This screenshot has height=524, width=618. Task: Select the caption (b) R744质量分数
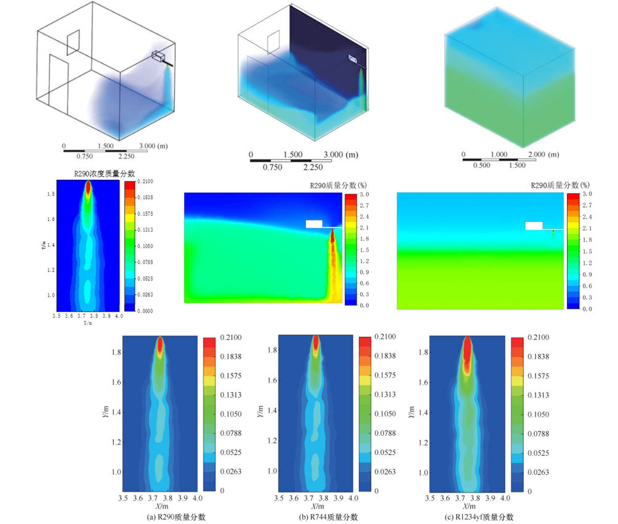pyautogui.click(x=328, y=517)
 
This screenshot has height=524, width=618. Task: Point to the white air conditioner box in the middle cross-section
pyautogui.click(x=314, y=224)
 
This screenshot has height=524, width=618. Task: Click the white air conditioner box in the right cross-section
pyautogui.click(x=533, y=225)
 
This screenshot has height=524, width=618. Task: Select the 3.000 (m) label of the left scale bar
pyautogui.click(x=155, y=146)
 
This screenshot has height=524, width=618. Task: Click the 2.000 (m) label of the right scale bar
pyautogui.click(x=544, y=155)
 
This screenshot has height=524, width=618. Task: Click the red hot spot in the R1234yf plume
pyautogui.click(x=467, y=352)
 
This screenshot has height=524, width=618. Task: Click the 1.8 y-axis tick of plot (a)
pyautogui.click(x=114, y=353)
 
